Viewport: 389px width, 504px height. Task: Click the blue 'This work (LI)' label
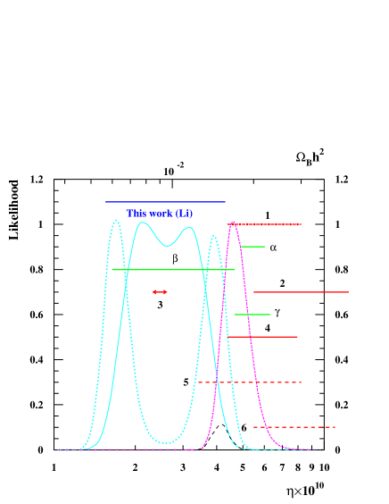point(159,214)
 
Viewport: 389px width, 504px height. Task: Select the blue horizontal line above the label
point(165,202)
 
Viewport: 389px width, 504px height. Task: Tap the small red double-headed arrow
point(160,292)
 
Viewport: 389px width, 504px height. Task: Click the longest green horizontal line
point(173,270)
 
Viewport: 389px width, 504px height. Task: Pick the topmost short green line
point(252,247)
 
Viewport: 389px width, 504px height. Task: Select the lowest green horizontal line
point(252,315)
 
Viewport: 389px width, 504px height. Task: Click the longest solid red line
point(301,292)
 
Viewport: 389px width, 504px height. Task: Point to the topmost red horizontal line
point(268,224)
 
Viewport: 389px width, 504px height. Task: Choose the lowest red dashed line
point(294,427)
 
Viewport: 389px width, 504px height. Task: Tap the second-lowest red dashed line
point(250,382)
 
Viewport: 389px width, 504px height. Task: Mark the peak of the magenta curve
point(233,223)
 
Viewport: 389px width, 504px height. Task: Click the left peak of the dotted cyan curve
point(115,221)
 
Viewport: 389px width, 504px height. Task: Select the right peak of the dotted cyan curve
point(213,237)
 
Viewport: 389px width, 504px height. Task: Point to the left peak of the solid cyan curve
point(143,223)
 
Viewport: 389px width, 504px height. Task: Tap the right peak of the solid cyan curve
point(189,228)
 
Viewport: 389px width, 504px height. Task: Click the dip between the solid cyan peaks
point(167,245)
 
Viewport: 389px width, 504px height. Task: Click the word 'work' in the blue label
point(161,214)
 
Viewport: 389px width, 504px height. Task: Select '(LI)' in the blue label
point(183,214)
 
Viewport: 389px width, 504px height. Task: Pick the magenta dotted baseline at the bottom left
point(134,449)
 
